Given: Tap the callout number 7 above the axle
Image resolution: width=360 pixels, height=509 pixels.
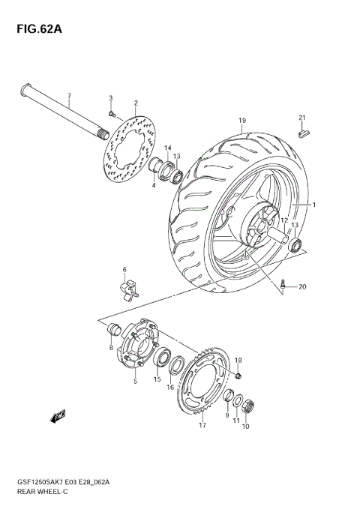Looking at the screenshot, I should click(x=68, y=97).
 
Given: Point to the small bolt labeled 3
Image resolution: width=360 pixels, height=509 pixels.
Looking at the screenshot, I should click(x=112, y=114).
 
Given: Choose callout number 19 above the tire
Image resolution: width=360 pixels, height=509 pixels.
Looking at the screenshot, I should click(x=242, y=121).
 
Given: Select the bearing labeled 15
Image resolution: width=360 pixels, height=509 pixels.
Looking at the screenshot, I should click(x=160, y=357).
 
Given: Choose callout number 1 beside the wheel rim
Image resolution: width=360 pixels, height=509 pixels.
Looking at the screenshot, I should click(x=314, y=205).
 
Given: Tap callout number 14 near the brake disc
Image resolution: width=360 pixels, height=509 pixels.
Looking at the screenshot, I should click(x=168, y=148).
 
